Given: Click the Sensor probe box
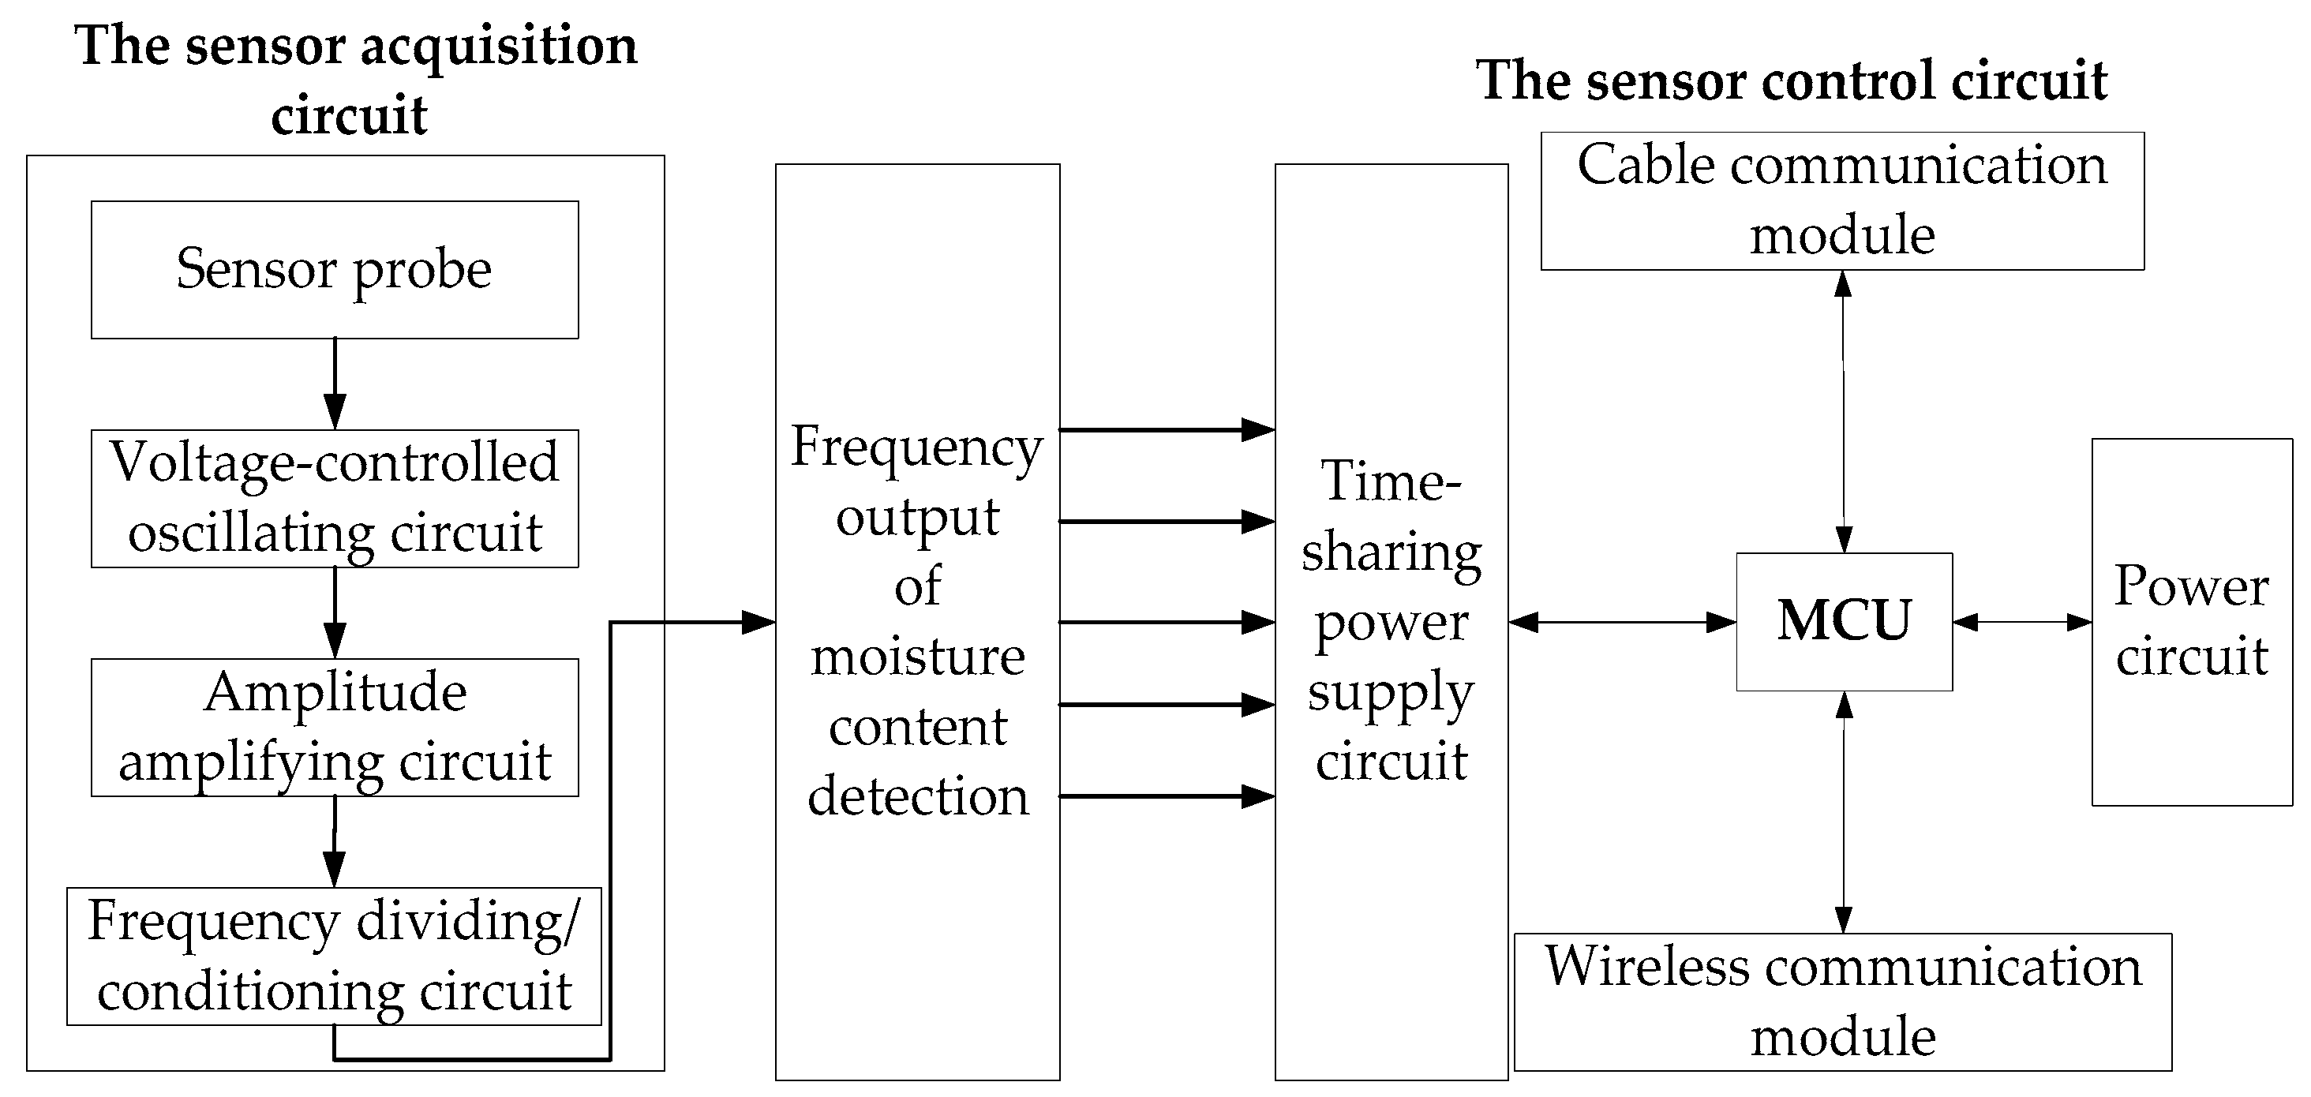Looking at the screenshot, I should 334,269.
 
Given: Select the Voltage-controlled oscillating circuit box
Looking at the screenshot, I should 334,498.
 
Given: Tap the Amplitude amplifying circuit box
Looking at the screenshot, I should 334,728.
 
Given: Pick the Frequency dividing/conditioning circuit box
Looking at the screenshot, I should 334,957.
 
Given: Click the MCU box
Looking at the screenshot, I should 1844,622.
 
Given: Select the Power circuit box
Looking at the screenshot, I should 2191,622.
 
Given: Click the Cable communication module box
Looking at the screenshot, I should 1842,201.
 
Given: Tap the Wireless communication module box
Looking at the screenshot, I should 1842,1002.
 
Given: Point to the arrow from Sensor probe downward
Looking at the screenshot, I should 335,384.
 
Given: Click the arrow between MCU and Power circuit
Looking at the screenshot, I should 2022,622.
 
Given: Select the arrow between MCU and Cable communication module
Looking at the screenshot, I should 1843,411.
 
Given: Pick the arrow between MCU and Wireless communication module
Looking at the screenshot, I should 1844,812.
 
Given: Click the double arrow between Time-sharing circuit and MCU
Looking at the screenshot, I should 1621,622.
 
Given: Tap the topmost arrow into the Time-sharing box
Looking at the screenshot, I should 1167,429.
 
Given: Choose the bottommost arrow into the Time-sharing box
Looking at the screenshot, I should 1167,796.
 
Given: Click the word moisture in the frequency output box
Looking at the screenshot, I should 917,657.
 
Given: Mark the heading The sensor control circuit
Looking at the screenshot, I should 1791,80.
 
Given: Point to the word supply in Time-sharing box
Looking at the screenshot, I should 1390,692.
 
